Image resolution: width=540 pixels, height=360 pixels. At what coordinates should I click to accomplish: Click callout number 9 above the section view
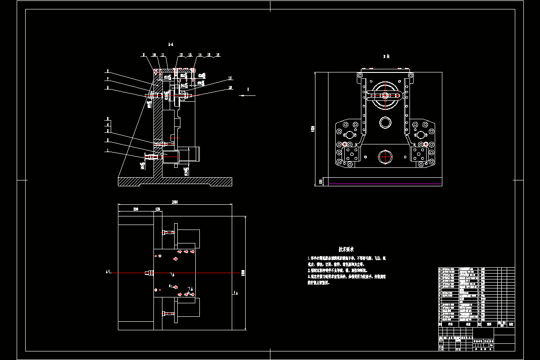click(x=144, y=55)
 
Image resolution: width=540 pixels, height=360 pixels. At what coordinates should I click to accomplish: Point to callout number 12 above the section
click(x=181, y=55)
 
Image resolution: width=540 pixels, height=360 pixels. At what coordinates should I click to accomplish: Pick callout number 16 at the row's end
click(x=218, y=55)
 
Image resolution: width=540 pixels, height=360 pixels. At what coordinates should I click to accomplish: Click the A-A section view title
click(x=171, y=45)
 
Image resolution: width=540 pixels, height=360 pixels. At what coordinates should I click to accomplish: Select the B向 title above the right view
click(x=386, y=57)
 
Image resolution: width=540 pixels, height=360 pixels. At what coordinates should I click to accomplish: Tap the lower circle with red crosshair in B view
click(x=386, y=157)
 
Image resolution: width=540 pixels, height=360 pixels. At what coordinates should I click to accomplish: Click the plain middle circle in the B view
click(x=386, y=122)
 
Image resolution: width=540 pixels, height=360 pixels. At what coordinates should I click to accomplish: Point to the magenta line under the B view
click(x=385, y=184)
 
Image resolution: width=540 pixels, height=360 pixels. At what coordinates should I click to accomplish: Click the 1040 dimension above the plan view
click(x=175, y=202)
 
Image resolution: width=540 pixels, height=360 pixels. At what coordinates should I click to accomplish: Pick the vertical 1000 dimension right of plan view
click(x=243, y=273)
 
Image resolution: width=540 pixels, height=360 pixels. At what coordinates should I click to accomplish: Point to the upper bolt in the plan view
click(x=168, y=233)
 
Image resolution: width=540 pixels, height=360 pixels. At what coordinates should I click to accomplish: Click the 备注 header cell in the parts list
click(x=510, y=324)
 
